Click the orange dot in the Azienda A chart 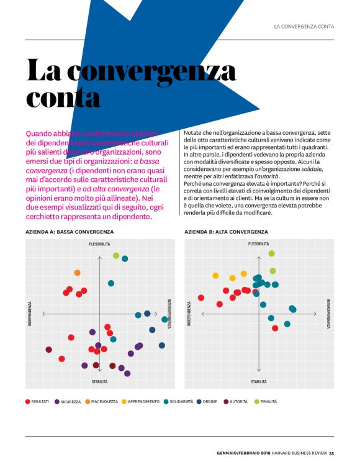pos(77,273)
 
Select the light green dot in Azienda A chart pos(116,255)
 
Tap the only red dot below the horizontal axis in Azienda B pos(275,328)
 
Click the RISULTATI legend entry pos(37,401)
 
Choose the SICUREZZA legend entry pos(68,401)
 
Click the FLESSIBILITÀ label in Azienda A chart pos(99,244)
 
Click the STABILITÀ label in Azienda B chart pos(259,381)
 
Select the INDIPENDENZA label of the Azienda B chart pos(189,314)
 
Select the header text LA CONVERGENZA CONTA pos(304,26)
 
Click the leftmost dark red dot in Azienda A pos(48,350)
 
